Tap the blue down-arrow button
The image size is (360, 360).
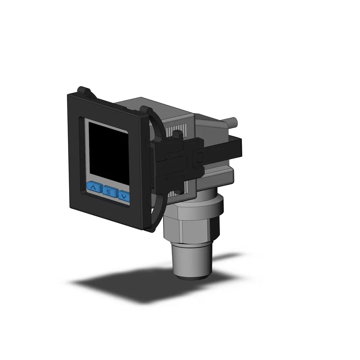124,197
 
